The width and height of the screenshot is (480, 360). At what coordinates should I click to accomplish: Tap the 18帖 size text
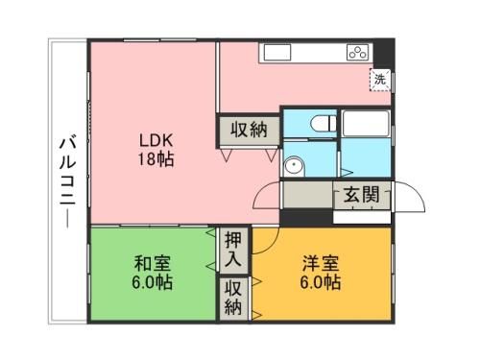154,158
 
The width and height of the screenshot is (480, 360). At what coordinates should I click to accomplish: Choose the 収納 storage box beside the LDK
250,129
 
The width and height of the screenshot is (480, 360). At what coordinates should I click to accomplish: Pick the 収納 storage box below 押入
233,298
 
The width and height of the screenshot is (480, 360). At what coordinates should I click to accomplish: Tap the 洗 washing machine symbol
380,81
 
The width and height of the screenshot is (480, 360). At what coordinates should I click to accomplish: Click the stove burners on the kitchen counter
357,52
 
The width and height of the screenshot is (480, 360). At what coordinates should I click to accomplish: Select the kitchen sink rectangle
278,52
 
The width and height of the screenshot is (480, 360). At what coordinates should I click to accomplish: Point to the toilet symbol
320,125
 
